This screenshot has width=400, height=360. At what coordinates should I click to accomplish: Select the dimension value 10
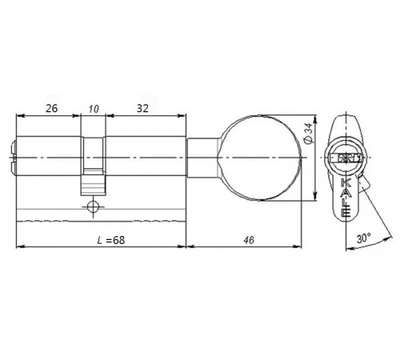95,107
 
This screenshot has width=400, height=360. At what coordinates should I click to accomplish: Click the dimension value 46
242,241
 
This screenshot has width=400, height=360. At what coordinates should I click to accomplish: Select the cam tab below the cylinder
94,186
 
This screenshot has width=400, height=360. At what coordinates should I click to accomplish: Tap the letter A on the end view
345,192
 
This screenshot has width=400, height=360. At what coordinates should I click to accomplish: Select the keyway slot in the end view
345,159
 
